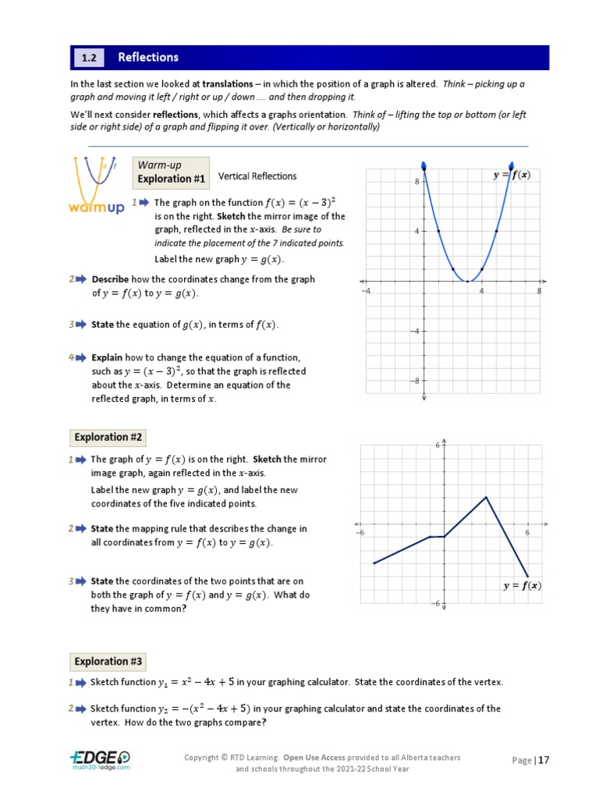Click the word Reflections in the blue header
(148, 58)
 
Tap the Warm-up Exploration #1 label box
(171, 172)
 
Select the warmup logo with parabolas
(96, 186)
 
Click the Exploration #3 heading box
(108, 662)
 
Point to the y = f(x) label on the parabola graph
(512, 176)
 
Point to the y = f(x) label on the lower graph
(522, 586)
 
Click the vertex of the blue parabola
(467, 281)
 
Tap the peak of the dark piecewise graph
(486, 496)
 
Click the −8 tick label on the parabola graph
(416, 381)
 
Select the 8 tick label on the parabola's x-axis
(539, 291)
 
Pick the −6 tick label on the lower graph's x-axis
(360, 533)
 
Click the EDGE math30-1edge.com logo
(99, 760)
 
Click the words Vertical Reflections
(257, 176)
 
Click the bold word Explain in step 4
(107, 357)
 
